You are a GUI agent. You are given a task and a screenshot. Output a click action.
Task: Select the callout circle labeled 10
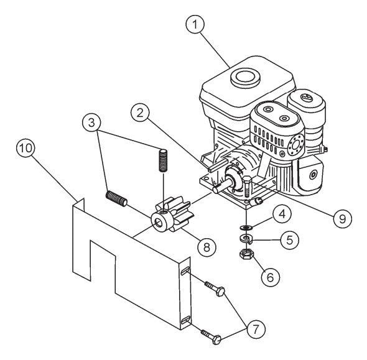pyautogui.click(x=27, y=149)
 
